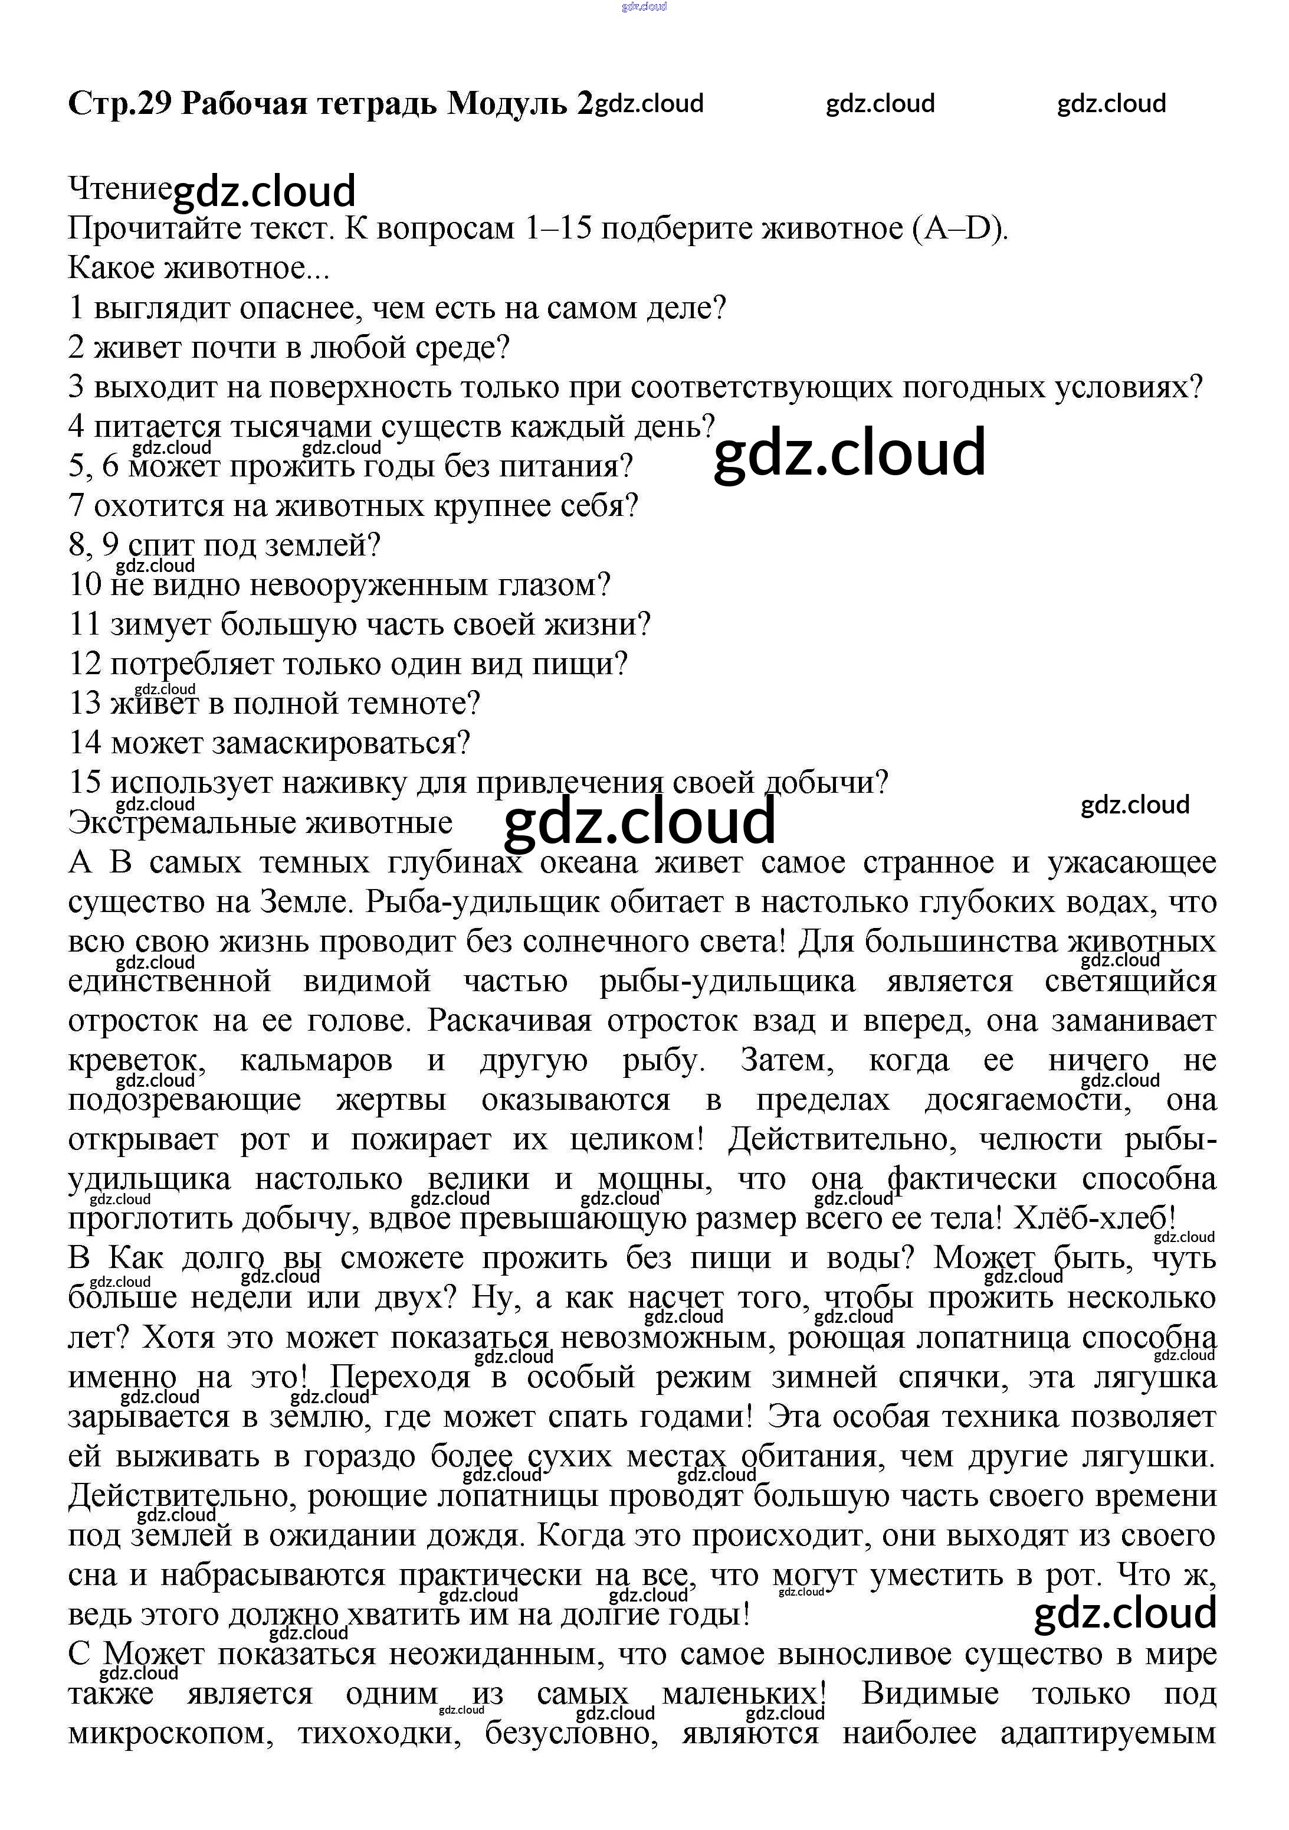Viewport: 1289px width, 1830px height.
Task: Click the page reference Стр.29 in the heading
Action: point(120,104)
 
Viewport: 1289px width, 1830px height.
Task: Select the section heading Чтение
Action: point(120,189)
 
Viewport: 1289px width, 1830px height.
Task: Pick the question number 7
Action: point(77,505)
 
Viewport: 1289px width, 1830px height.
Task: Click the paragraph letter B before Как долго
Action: point(79,1258)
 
